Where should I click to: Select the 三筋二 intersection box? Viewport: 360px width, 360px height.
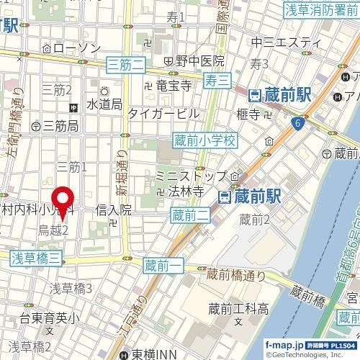[125, 65]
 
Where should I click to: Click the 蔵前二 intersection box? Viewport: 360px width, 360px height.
[189, 213]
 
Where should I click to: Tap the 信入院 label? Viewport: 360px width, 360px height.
[114, 210]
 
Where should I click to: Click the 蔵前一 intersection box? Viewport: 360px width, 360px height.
[161, 266]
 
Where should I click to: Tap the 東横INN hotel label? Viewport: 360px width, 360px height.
[156, 354]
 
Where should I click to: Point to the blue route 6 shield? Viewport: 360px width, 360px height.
[297, 124]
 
